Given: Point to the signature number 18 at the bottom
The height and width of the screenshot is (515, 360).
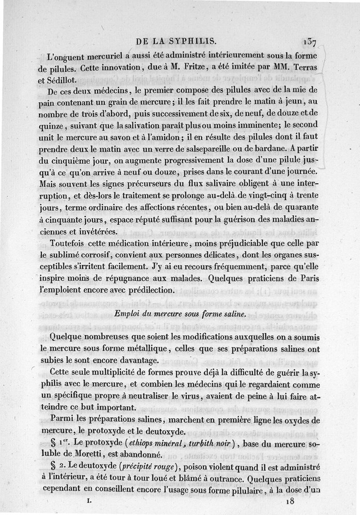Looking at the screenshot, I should coord(291,501).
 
